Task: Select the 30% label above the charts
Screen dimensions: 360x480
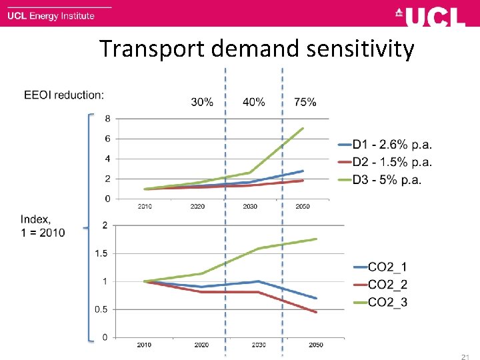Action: (202, 102)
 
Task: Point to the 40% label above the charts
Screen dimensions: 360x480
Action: (253, 102)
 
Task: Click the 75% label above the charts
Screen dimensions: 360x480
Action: (305, 102)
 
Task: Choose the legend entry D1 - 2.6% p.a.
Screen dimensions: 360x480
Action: (391, 144)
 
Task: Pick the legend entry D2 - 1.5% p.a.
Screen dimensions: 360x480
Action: (391, 162)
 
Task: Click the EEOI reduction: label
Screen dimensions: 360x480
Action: (64, 95)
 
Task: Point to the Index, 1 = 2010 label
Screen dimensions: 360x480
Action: (43, 226)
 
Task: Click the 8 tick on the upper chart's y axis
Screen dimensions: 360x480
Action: (107, 119)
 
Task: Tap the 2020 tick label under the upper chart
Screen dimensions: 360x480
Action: (197, 207)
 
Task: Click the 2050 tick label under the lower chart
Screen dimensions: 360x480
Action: (316, 345)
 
